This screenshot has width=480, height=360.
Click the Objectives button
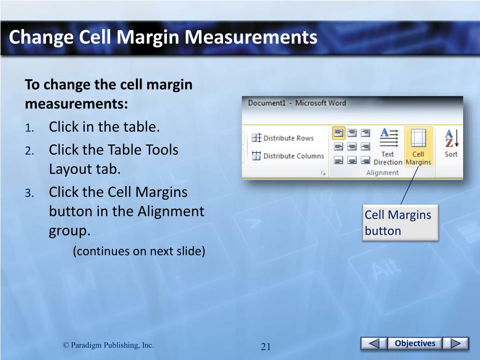pyautogui.click(x=415, y=343)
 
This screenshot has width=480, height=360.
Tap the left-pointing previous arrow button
pyautogui.click(x=374, y=343)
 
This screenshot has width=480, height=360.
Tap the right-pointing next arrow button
pyautogui.click(x=456, y=343)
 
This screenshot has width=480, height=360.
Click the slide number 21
pyautogui.click(x=265, y=346)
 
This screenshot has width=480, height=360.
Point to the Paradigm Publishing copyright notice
pyautogui.click(x=108, y=345)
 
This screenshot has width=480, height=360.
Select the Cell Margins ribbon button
pyautogui.click(x=418, y=147)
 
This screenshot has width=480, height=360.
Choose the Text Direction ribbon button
pyautogui.click(x=388, y=147)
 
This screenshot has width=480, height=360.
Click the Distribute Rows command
pyautogui.click(x=283, y=138)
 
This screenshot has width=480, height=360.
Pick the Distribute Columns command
pyautogui.click(x=288, y=156)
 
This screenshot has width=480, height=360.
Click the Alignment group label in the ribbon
pyautogui.click(x=382, y=172)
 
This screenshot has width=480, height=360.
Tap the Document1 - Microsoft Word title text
pyautogui.click(x=297, y=103)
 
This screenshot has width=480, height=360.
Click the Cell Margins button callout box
pyautogui.click(x=400, y=223)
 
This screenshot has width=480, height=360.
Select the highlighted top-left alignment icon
pyautogui.click(x=338, y=133)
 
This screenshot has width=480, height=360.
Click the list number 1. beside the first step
pyautogui.click(x=30, y=128)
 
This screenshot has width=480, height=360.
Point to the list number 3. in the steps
pyautogui.click(x=30, y=193)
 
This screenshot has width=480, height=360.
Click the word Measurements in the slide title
pyautogui.click(x=251, y=37)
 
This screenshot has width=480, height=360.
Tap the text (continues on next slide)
pyautogui.click(x=139, y=251)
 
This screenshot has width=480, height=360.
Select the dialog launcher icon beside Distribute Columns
pyautogui.click(x=323, y=173)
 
